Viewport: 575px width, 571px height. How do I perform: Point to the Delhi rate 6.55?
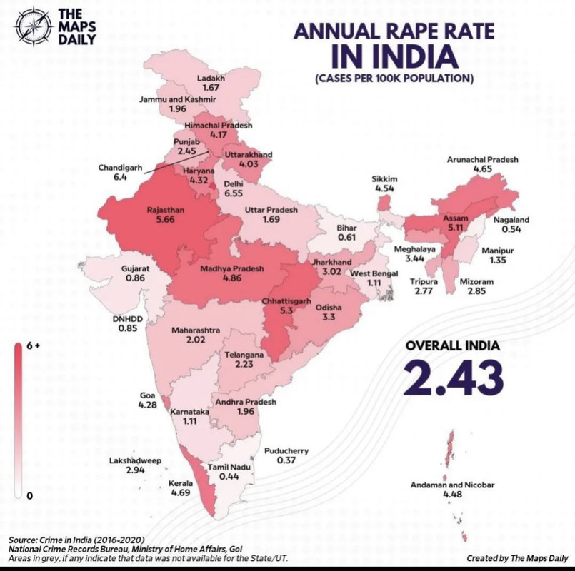coord(234,193)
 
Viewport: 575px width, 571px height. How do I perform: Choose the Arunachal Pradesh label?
coord(482,160)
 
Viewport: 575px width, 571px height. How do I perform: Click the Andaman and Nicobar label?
coord(452,485)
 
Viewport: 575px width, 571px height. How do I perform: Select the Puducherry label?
coord(286,451)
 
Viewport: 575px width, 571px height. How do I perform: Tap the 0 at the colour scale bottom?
coord(29,495)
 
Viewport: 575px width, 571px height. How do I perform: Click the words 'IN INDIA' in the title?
coord(394,56)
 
